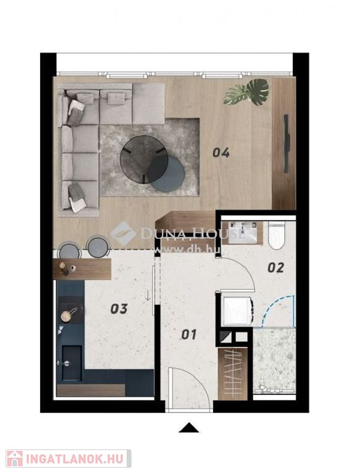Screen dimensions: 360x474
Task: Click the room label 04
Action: [221, 152]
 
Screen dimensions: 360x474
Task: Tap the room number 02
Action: [276, 267]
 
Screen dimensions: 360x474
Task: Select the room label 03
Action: [119, 309]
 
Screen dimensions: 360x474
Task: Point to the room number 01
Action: [189, 335]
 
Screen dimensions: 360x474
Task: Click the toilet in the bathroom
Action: [277, 236]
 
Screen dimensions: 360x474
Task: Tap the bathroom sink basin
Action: [241, 233]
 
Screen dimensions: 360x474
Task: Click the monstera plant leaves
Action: [246, 92]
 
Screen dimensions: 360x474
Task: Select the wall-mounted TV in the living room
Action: [286, 144]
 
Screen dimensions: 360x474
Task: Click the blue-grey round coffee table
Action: [166, 174]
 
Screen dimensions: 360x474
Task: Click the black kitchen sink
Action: [72, 363]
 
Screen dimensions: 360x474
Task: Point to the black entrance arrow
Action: [189, 428]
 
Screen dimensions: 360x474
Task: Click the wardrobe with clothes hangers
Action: [232, 374]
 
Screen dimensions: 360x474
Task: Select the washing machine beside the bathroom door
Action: [237, 311]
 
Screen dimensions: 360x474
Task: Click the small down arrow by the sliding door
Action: [148, 296]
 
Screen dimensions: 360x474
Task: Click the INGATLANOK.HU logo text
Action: [75, 459]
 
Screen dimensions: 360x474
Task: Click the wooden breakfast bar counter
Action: [82, 268]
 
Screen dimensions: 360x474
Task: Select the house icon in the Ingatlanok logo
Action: [15, 459]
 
